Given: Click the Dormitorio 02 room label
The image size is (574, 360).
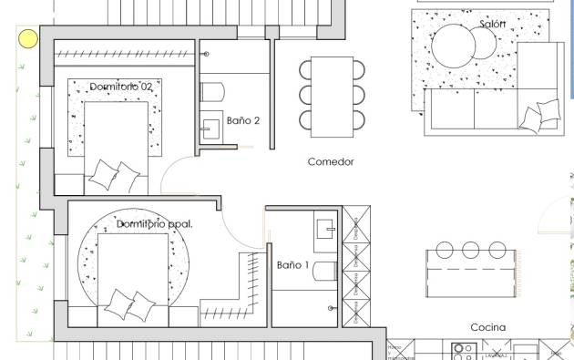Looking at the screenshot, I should (127, 86).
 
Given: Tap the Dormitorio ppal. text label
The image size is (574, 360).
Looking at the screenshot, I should (155, 223).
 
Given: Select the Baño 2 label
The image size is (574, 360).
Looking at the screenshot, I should (243, 120).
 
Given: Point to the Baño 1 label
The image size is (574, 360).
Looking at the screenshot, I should (293, 265).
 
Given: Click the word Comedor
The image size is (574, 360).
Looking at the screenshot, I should (330, 162).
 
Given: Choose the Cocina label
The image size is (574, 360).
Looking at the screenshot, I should (487, 327).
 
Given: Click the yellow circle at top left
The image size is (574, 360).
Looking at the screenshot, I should (28, 38).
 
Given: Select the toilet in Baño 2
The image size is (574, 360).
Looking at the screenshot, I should (212, 90).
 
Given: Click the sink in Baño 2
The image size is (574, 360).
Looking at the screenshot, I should (212, 129).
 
